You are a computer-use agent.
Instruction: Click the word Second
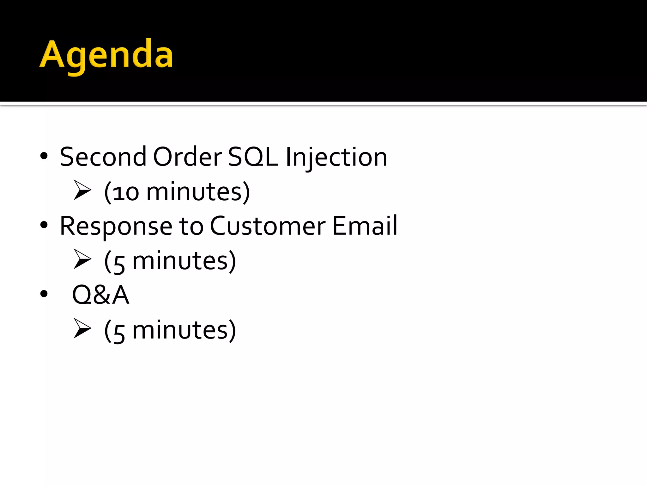(x=103, y=157)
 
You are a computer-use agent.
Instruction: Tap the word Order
(x=188, y=157)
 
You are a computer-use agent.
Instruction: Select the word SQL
(x=253, y=157)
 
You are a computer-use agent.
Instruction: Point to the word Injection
(x=336, y=158)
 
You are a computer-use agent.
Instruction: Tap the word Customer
(x=268, y=226)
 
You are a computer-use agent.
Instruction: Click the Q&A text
(x=101, y=295)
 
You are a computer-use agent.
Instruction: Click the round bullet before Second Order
(x=44, y=156)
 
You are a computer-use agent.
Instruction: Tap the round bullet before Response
(x=44, y=225)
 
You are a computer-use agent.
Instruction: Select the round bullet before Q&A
(x=44, y=294)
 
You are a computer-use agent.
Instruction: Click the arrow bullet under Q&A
(x=82, y=328)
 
